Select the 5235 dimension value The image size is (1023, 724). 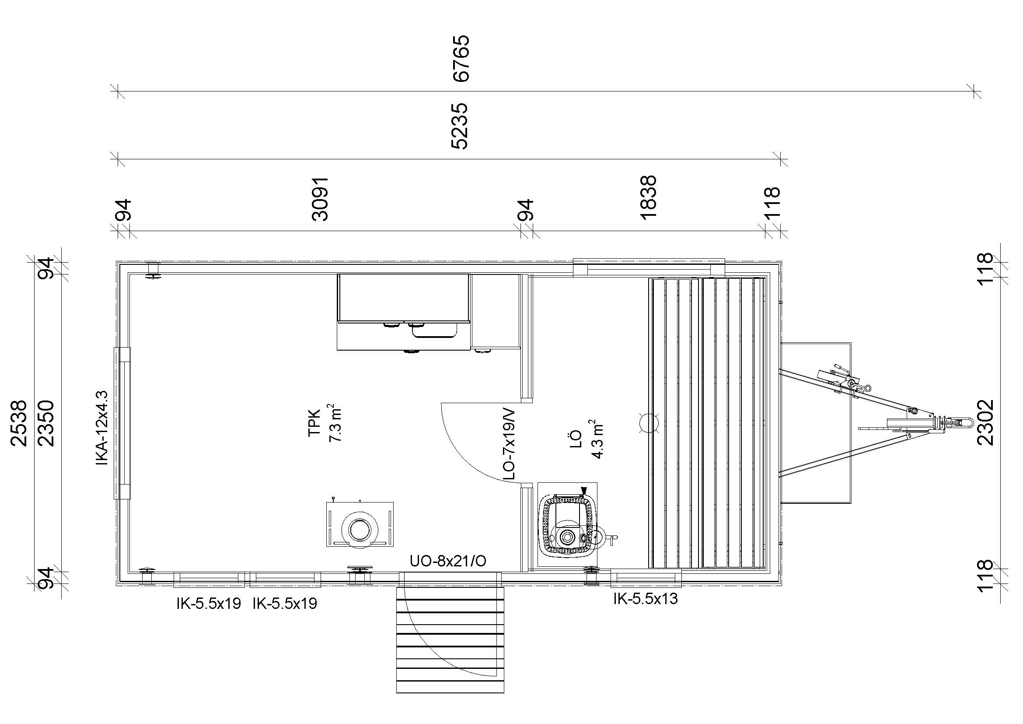point(459,126)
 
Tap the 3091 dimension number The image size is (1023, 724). point(320,199)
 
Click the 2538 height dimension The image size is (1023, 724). point(20,423)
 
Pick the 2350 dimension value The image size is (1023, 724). point(46,423)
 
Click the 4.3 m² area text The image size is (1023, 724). point(597,439)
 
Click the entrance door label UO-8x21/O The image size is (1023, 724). point(448,561)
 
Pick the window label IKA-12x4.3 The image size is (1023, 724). point(101,428)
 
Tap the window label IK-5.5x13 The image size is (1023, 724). point(646,599)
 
